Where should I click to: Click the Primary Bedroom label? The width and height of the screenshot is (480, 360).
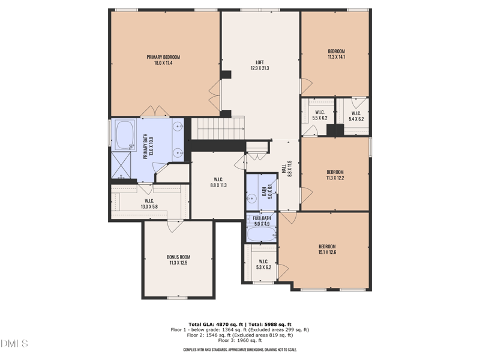163,60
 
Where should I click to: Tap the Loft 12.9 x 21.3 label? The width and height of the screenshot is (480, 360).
260,65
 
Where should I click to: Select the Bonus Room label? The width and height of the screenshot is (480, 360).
178,260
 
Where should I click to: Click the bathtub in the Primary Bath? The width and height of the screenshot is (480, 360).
125,136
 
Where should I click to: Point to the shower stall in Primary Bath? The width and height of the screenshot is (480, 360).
122,165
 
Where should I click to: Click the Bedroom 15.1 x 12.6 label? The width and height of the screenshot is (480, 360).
327,249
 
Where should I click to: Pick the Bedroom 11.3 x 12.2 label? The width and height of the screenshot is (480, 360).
335,175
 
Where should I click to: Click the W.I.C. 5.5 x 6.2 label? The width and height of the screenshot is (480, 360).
319,115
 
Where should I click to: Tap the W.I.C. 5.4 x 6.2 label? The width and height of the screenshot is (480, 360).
356,115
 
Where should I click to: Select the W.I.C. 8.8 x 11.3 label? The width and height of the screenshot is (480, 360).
218,182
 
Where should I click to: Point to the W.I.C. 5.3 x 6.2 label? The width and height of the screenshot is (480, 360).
263,265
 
